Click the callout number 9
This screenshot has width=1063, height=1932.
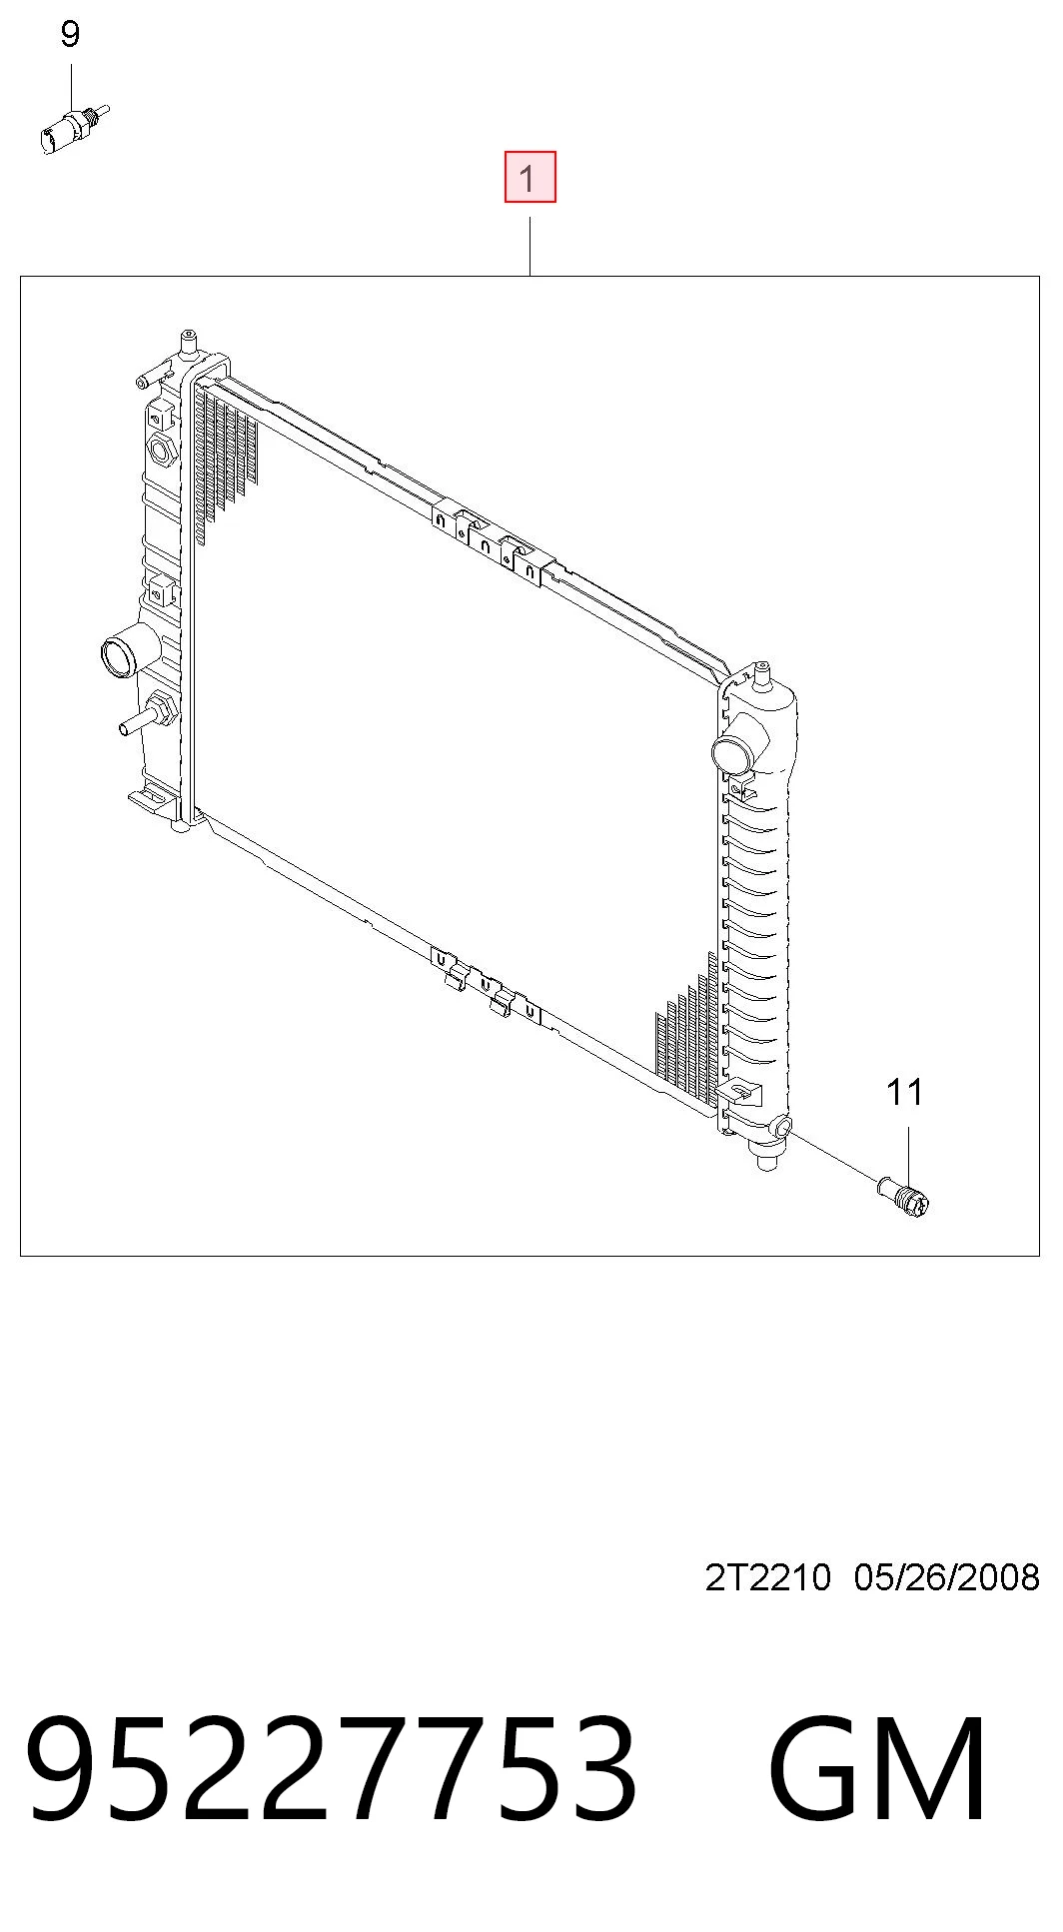click(x=70, y=35)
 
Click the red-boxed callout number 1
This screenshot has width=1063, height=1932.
click(x=530, y=177)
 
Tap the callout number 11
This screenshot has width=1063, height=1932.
click(x=905, y=1092)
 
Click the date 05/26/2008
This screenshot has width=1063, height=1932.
click(x=947, y=1577)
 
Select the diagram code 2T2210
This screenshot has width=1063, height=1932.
click(x=767, y=1577)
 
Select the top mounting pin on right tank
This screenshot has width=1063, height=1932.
click(x=762, y=673)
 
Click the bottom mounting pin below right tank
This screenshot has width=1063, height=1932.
click(x=767, y=1161)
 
